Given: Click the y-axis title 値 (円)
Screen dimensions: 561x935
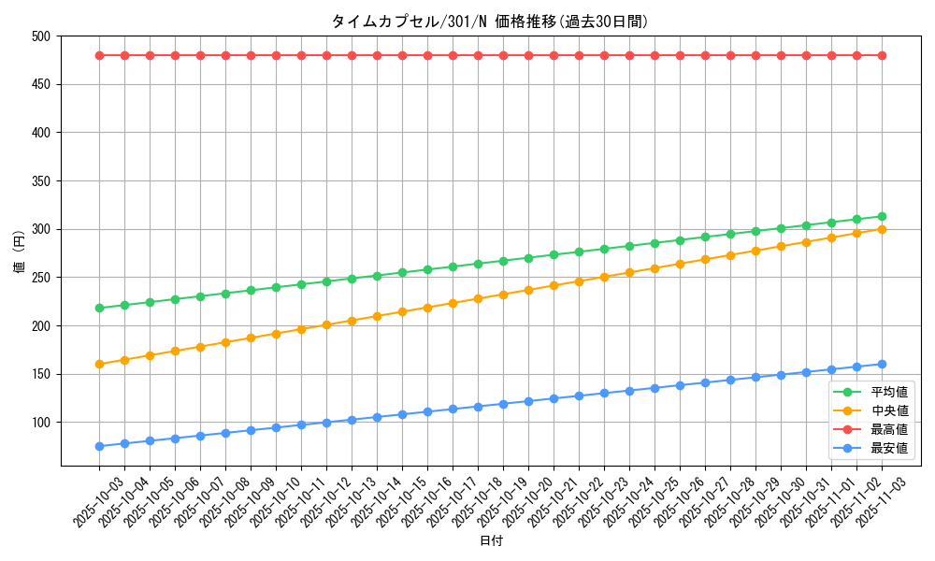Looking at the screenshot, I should [x=19, y=252].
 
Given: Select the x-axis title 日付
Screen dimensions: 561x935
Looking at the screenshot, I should [x=490, y=541].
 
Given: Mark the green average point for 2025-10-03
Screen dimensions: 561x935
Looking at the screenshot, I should [x=99, y=308].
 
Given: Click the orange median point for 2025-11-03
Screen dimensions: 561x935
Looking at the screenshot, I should [x=882, y=229].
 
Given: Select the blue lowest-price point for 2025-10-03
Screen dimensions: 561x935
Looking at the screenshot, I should [x=99, y=446].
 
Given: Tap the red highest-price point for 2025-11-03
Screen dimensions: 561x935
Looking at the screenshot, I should [x=882, y=55].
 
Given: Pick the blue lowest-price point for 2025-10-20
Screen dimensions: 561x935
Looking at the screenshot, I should [x=528, y=401].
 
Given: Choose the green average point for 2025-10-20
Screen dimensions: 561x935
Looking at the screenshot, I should [x=528, y=258].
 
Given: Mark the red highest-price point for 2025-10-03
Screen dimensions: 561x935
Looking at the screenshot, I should [x=99, y=55].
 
